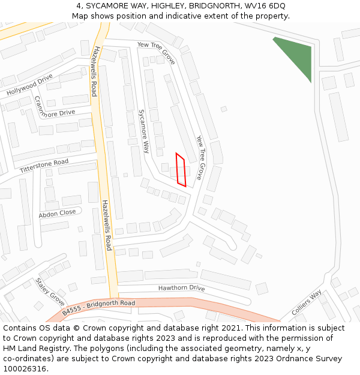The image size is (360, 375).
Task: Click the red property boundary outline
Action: click(x=181, y=170)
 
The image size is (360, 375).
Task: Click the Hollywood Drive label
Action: click(x=29, y=86)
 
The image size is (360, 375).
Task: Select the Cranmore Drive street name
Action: click(x=54, y=106)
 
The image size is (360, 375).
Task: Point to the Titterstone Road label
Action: click(x=44, y=166)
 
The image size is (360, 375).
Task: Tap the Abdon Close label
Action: click(x=58, y=213)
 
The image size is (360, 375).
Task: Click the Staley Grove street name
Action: click(x=49, y=292)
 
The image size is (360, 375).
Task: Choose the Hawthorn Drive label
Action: click(x=181, y=288)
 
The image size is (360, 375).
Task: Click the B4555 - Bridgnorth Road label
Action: click(x=98, y=307)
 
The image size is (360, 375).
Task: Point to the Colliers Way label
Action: click(x=307, y=304)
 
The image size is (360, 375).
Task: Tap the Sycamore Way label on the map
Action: click(x=143, y=131)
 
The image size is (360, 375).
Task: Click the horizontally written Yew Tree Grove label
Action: click(x=156, y=53)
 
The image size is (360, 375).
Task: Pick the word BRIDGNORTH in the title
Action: click(x=200, y=5)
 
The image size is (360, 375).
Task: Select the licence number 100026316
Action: click(x=24, y=369)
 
